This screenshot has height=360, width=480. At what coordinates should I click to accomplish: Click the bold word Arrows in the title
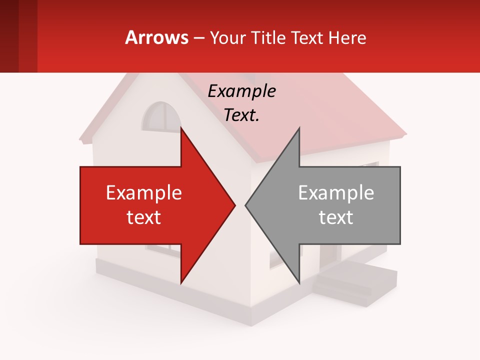click(x=156, y=37)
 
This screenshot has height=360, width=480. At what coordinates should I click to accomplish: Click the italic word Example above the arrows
click(x=241, y=91)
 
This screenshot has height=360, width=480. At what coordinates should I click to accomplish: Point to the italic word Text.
click(x=241, y=115)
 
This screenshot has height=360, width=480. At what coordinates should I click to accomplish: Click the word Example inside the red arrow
click(x=144, y=192)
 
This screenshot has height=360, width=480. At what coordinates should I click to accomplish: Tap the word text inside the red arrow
click(x=144, y=217)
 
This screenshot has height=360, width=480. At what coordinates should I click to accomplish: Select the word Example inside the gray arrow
click(x=336, y=192)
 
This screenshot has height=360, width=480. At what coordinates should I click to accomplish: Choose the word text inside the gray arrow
click(x=336, y=217)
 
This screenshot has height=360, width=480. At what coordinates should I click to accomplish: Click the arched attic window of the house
click(x=161, y=117)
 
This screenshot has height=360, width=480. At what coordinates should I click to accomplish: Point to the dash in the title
click(x=199, y=38)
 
